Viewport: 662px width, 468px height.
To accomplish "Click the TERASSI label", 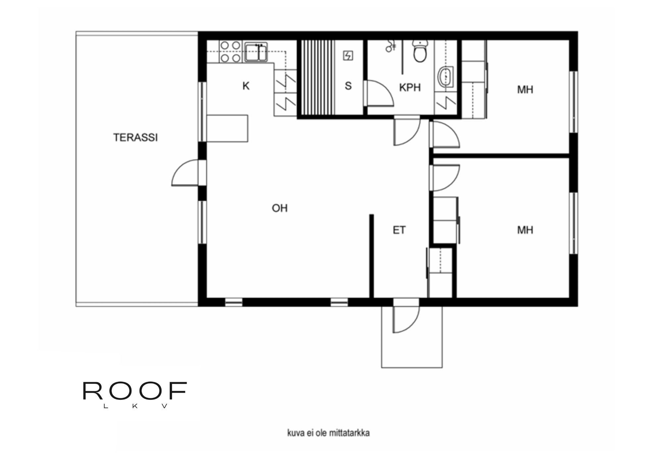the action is (x=135, y=137).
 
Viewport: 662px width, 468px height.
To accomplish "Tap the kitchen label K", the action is (x=246, y=86).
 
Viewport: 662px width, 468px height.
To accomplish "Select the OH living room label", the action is (x=280, y=208).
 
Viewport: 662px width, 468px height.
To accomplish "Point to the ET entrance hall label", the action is (x=399, y=230).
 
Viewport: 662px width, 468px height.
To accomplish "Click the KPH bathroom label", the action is (x=410, y=87).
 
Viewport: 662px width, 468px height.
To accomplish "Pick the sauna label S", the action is (x=348, y=86).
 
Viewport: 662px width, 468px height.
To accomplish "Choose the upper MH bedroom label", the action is (x=525, y=89).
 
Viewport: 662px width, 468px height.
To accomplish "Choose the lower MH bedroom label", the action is (x=525, y=230).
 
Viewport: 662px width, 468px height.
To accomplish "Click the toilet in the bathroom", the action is (x=420, y=52).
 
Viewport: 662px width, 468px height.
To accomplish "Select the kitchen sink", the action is (x=256, y=52).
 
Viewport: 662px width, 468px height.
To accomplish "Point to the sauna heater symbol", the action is (x=348, y=56).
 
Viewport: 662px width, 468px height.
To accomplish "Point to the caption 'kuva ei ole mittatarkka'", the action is (x=328, y=433).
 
